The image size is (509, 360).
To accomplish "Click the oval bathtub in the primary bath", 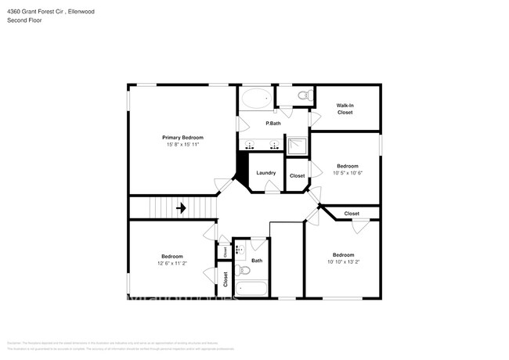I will [x=256, y=99].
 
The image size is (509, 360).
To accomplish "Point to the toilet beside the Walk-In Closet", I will [x=304, y=96].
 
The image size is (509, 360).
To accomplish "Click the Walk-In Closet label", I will [x=345, y=109].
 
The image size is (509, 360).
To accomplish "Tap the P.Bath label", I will [x=273, y=124].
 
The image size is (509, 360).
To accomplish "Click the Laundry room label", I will [x=265, y=173].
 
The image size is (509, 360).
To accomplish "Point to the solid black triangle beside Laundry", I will [x=242, y=167].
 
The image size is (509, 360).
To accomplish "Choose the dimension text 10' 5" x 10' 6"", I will [x=347, y=173].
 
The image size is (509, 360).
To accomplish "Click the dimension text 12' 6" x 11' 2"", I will [x=172, y=264].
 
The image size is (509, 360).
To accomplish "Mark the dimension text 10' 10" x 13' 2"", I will [x=343, y=262].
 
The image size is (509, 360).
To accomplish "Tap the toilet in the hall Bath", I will [x=243, y=271].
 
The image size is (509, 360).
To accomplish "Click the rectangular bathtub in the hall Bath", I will [x=251, y=289].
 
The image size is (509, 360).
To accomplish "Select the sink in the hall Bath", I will [x=240, y=249].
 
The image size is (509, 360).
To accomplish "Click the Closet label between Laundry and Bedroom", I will [x=297, y=176].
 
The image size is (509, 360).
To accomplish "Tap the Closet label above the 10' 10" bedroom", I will [x=352, y=214].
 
